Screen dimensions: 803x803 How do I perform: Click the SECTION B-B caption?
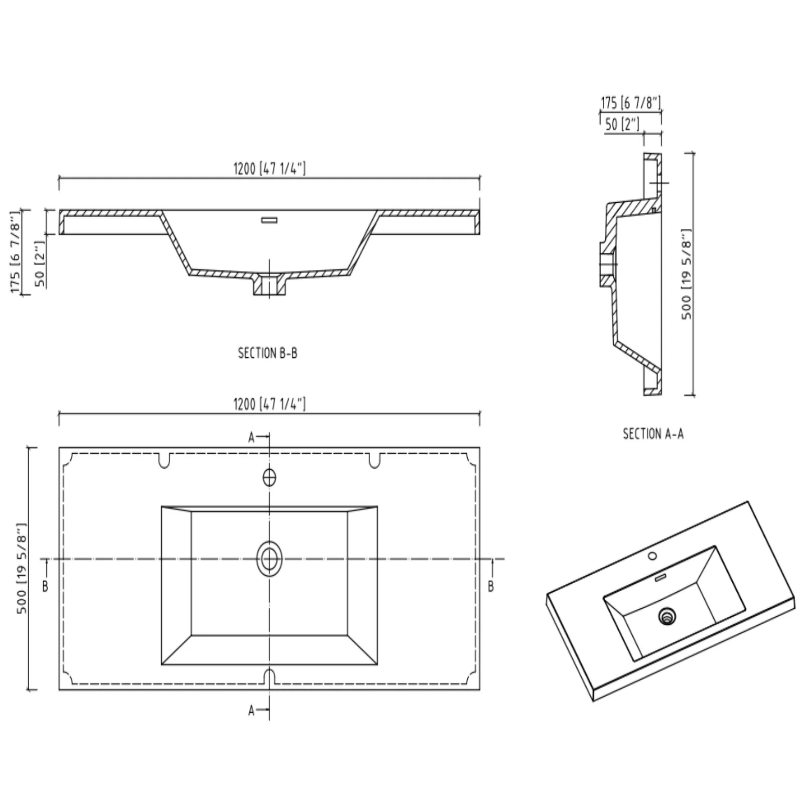coord(267,353)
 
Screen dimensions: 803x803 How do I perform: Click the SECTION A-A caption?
coord(653,434)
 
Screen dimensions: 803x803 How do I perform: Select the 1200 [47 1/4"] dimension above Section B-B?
coord(270,169)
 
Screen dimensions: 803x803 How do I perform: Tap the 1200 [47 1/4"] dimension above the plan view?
coord(270,404)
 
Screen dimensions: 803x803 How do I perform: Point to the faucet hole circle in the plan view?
coord(270,477)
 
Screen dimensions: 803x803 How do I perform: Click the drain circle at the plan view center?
coord(270,559)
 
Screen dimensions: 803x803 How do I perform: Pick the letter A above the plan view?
coord(252,438)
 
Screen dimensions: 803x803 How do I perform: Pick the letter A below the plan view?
coord(252,710)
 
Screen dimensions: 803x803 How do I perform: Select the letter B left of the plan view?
coord(45,586)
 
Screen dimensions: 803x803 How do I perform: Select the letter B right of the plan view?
coord(491,586)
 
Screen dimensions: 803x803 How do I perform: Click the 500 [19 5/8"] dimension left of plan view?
coord(22,568)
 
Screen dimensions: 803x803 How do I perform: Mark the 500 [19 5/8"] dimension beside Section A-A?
coord(687,274)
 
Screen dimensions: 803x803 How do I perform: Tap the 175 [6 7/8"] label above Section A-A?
coord(631,103)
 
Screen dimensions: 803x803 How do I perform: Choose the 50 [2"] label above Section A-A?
coord(622,124)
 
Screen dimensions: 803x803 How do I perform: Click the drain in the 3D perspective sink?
coord(667,615)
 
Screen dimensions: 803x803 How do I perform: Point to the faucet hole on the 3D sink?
coord(652,556)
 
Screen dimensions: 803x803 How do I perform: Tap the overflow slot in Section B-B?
coord(270,219)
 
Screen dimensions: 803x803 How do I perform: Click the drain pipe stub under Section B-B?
coord(270,286)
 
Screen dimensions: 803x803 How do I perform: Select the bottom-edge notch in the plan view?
coord(270,676)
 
